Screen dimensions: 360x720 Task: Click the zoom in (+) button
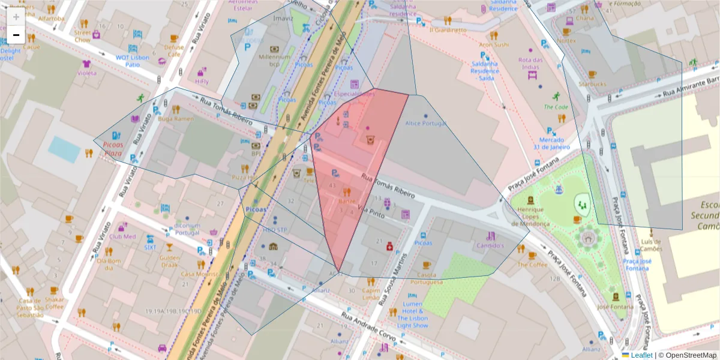click(x=16, y=17)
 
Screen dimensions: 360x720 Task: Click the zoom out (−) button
click(x=16, y=35)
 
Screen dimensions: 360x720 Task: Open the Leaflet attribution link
click(x=641, y=355)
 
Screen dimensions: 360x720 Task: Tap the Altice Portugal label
click(x=426, y=124)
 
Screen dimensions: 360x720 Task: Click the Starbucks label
click(x=592, y=84)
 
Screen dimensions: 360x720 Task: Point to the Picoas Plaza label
click(x=113, y=149)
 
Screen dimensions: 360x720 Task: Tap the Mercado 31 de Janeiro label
click(x=550, y=144)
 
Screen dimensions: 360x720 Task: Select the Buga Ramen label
click(x=175, y=119)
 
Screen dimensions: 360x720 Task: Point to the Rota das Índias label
click(x=530, y=63)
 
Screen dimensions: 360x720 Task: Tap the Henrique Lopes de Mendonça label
click(x=530, y=217)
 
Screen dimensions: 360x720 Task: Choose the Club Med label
click(x=123, y=236)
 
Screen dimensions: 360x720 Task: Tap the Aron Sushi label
click(x=494, y=44)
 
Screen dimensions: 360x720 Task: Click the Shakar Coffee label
click(x=54, y=303)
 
